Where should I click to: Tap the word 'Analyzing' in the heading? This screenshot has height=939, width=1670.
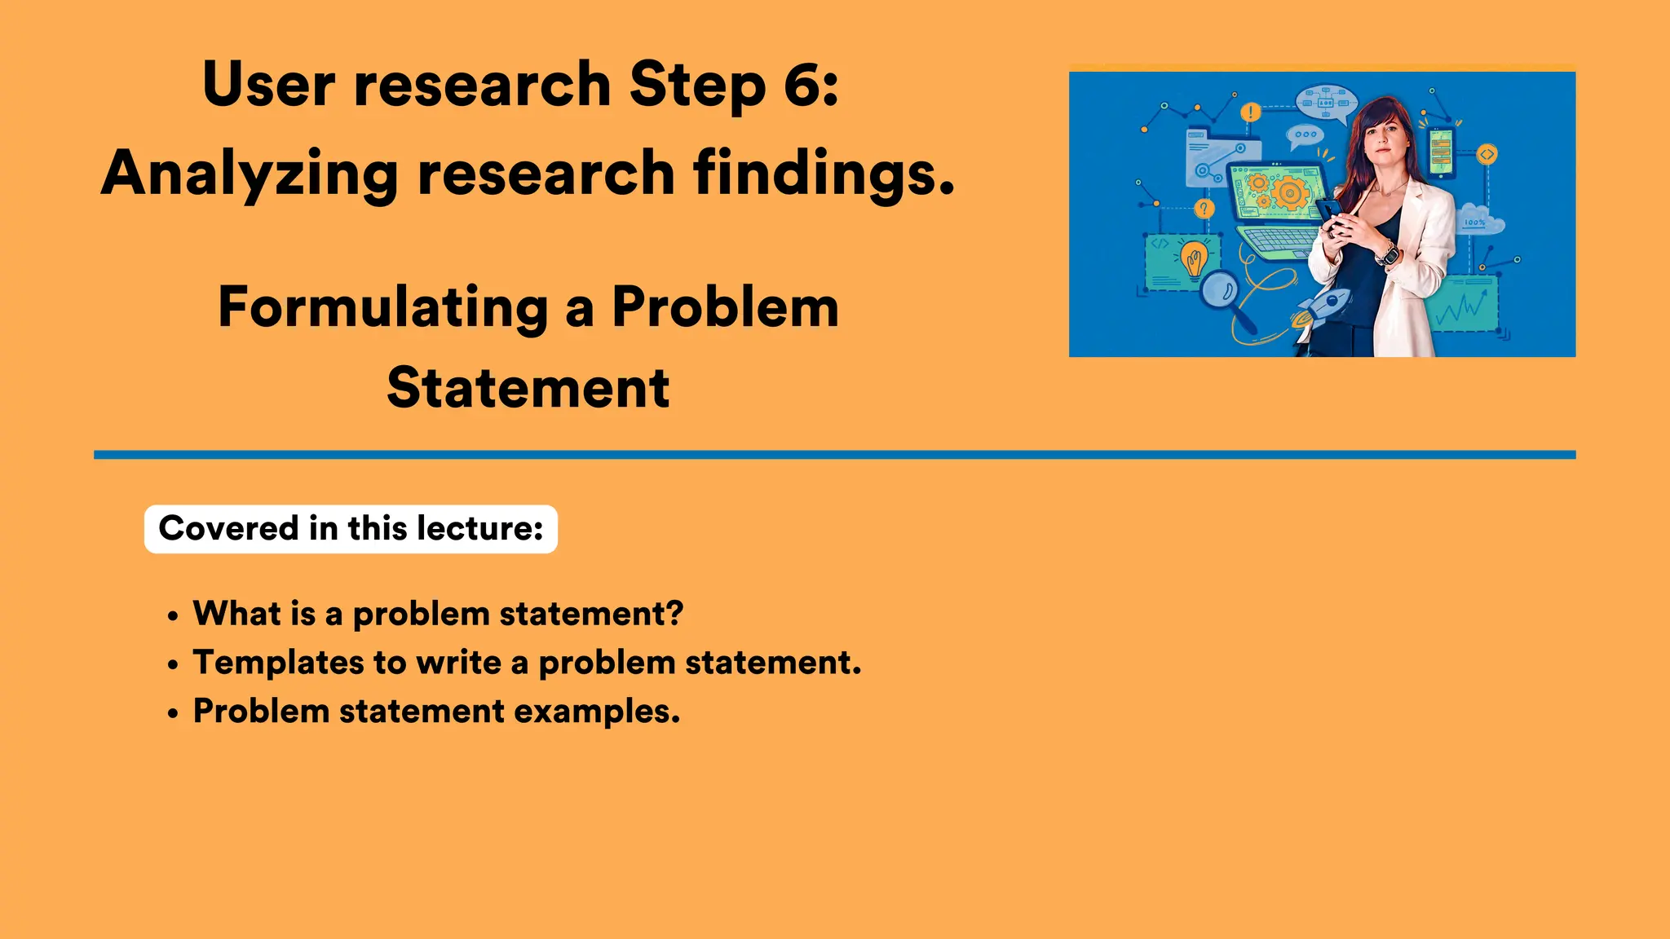tap(250, 174)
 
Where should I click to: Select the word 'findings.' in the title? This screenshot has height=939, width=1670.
tap(823, 174)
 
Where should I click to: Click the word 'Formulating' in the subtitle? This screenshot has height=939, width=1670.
tap(382, 308)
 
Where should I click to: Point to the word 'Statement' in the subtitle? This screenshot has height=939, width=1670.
tap(528, 388)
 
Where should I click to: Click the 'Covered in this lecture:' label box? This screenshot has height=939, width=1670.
tap(351, 529)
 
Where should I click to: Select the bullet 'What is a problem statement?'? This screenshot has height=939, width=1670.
tap(438, 614)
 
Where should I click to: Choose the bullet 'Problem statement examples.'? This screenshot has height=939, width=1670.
tap(436, 712)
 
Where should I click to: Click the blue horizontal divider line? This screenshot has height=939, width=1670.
tap(834, 455)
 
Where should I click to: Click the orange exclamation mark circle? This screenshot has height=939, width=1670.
tap(1250, 112)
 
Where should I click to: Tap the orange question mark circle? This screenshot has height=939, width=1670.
tap(1204, 209)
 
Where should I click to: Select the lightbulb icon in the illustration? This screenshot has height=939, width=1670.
tap(1193, 259)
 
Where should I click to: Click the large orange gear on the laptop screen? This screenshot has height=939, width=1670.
tap(1289, 194)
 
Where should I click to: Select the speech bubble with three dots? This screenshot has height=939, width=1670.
tap(1305, 135)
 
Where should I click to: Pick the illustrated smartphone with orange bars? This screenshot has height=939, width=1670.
tap(1442, 151)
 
